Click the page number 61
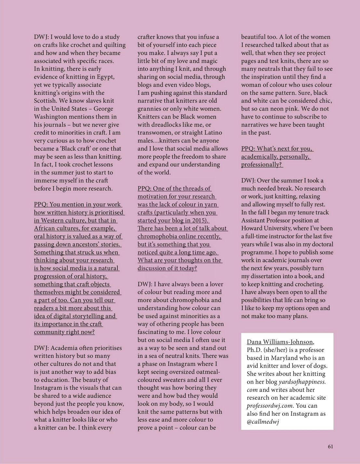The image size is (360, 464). (330, 446)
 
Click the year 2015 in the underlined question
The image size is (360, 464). (199, 220)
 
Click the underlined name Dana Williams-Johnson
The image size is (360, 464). (280, 342)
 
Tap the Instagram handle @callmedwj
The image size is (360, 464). (263, 422)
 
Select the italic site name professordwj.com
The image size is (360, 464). (270, 406)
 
